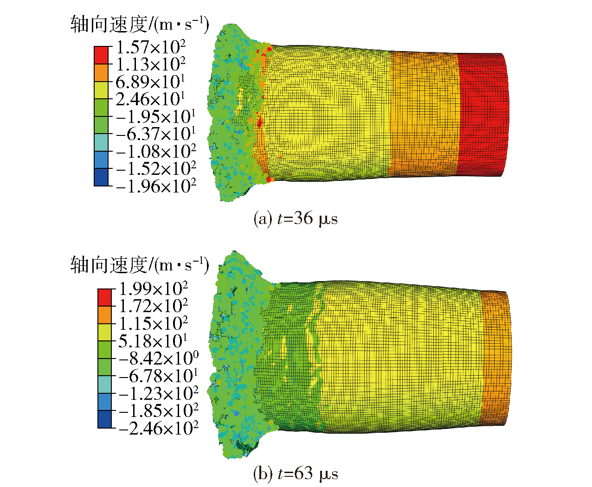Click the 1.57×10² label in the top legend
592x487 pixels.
click(151, 47)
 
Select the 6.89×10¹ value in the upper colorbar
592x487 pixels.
click(150, 82)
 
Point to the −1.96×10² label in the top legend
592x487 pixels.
click(156, 186)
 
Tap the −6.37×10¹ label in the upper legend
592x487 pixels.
click(155, 134)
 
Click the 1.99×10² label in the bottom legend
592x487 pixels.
click(154, 288)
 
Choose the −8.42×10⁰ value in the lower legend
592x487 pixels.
click(159, 358)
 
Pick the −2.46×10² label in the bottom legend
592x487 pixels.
click(159, 428)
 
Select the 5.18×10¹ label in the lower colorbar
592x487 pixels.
click(153, 341)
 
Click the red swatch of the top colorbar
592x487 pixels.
click(101, 55)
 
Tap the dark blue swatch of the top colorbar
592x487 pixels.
click(101, 177)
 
